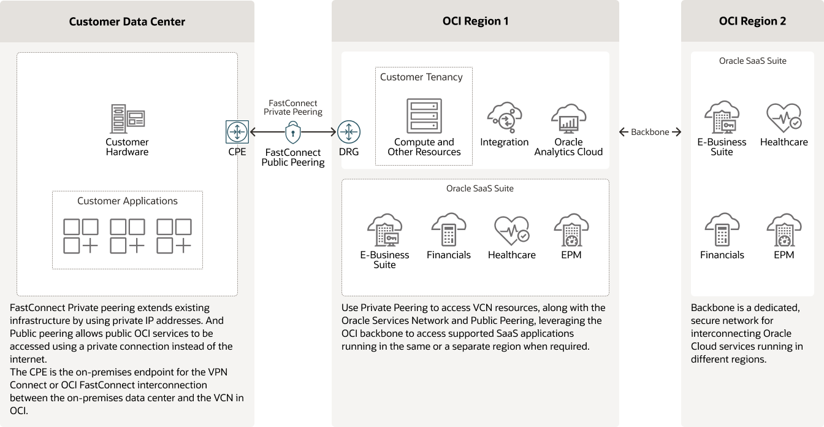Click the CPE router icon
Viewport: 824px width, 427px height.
click(237, 132)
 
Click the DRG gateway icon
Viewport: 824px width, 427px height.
click(349, 132)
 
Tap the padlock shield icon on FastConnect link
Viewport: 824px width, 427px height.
click(293, 131)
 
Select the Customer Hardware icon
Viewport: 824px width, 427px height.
click(127, 119)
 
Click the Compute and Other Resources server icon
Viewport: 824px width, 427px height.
click(424, 116)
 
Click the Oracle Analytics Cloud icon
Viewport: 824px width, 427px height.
click(568, 118)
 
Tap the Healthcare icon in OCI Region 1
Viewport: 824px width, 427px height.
click(511, 231)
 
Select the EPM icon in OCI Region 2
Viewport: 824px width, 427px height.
click(784, 231)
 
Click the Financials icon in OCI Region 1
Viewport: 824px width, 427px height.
click(448, 230)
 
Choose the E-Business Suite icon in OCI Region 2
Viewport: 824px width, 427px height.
click(722, 118)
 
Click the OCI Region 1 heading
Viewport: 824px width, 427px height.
click(475, 21)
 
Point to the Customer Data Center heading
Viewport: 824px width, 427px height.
click(127, 22)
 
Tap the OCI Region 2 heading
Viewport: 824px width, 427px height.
click(752, 21)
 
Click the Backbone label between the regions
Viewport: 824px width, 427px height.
click(650, 132)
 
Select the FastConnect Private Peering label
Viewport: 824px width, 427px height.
click(293, 108)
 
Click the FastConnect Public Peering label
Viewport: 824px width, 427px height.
click(293, 158)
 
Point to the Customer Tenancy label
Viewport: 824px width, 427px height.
click(421, 77)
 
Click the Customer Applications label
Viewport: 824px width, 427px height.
click(128, 201)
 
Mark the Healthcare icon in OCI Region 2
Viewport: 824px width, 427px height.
click(784, 118)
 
